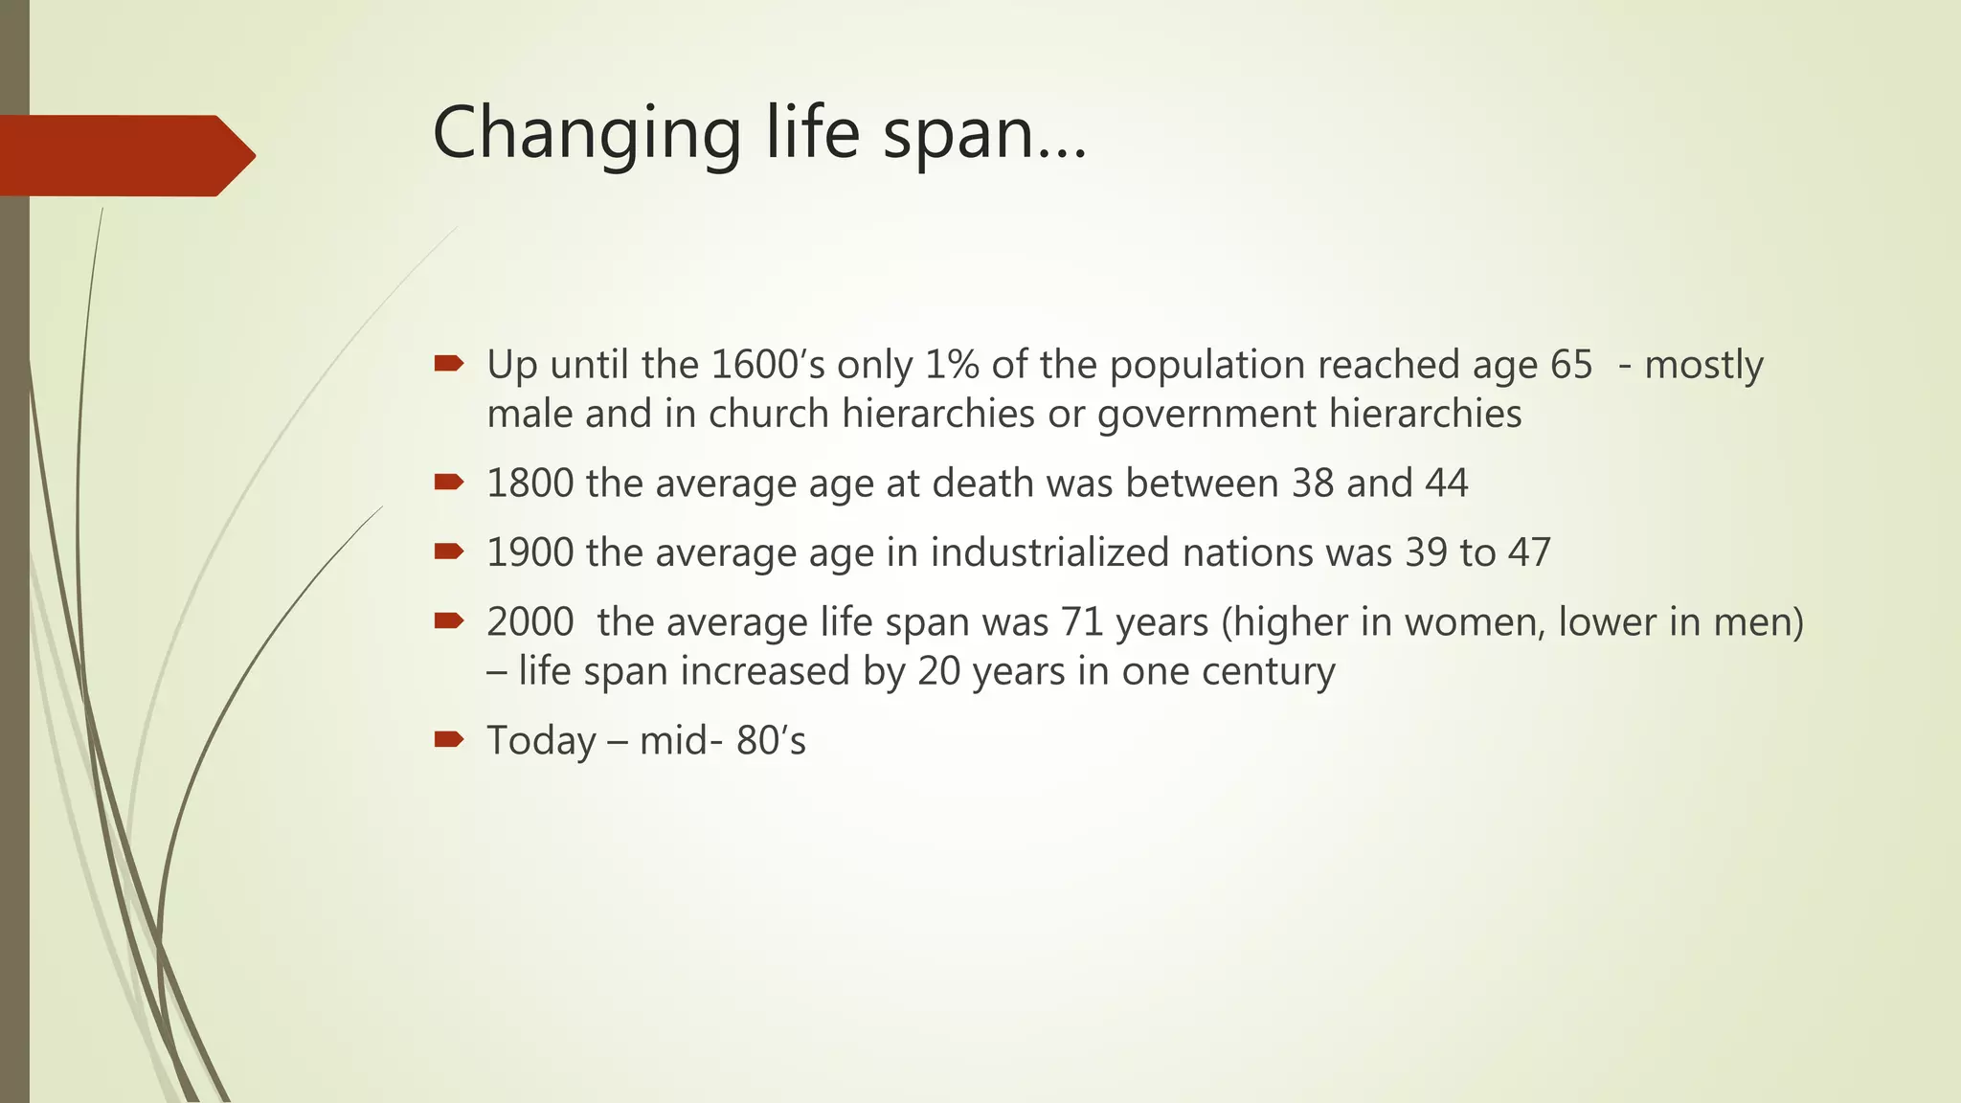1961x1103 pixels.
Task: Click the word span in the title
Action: pyautogui.click(x=958, y=134)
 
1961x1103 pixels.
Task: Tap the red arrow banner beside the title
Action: pyautogui.click(x=124, y=155)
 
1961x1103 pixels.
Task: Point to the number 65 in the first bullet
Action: pyautogui.click(x=1570, y=365)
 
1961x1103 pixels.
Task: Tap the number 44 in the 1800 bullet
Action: pyautogui.click(x=1446, y=484)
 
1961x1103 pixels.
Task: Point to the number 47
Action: pyautogui.click(x=1528, y=553)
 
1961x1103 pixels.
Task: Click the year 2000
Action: pyautogui.click(x=530, y=622)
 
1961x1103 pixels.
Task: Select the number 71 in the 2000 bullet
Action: pyautogui.click(x=1082, y=622)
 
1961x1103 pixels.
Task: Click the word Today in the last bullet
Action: pyautogui.click(x=541, y=741)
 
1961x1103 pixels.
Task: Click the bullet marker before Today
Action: pyautogui.click(x=448, y=738)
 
